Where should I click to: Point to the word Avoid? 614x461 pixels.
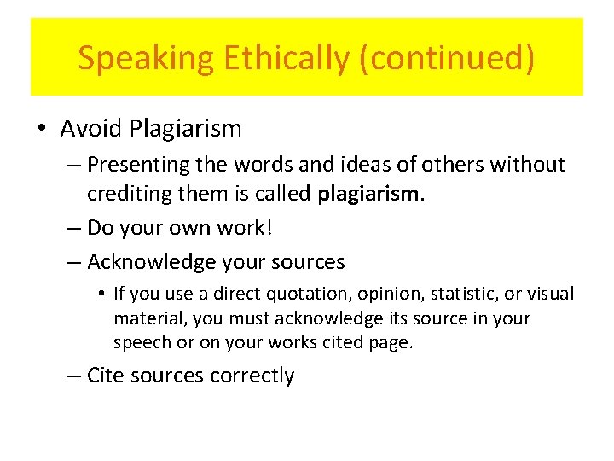tap(91, 129)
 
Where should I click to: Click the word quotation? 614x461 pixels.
tap(302, 295)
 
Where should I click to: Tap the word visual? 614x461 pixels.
tap(550, 295)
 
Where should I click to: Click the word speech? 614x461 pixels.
tap(140, 343)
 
